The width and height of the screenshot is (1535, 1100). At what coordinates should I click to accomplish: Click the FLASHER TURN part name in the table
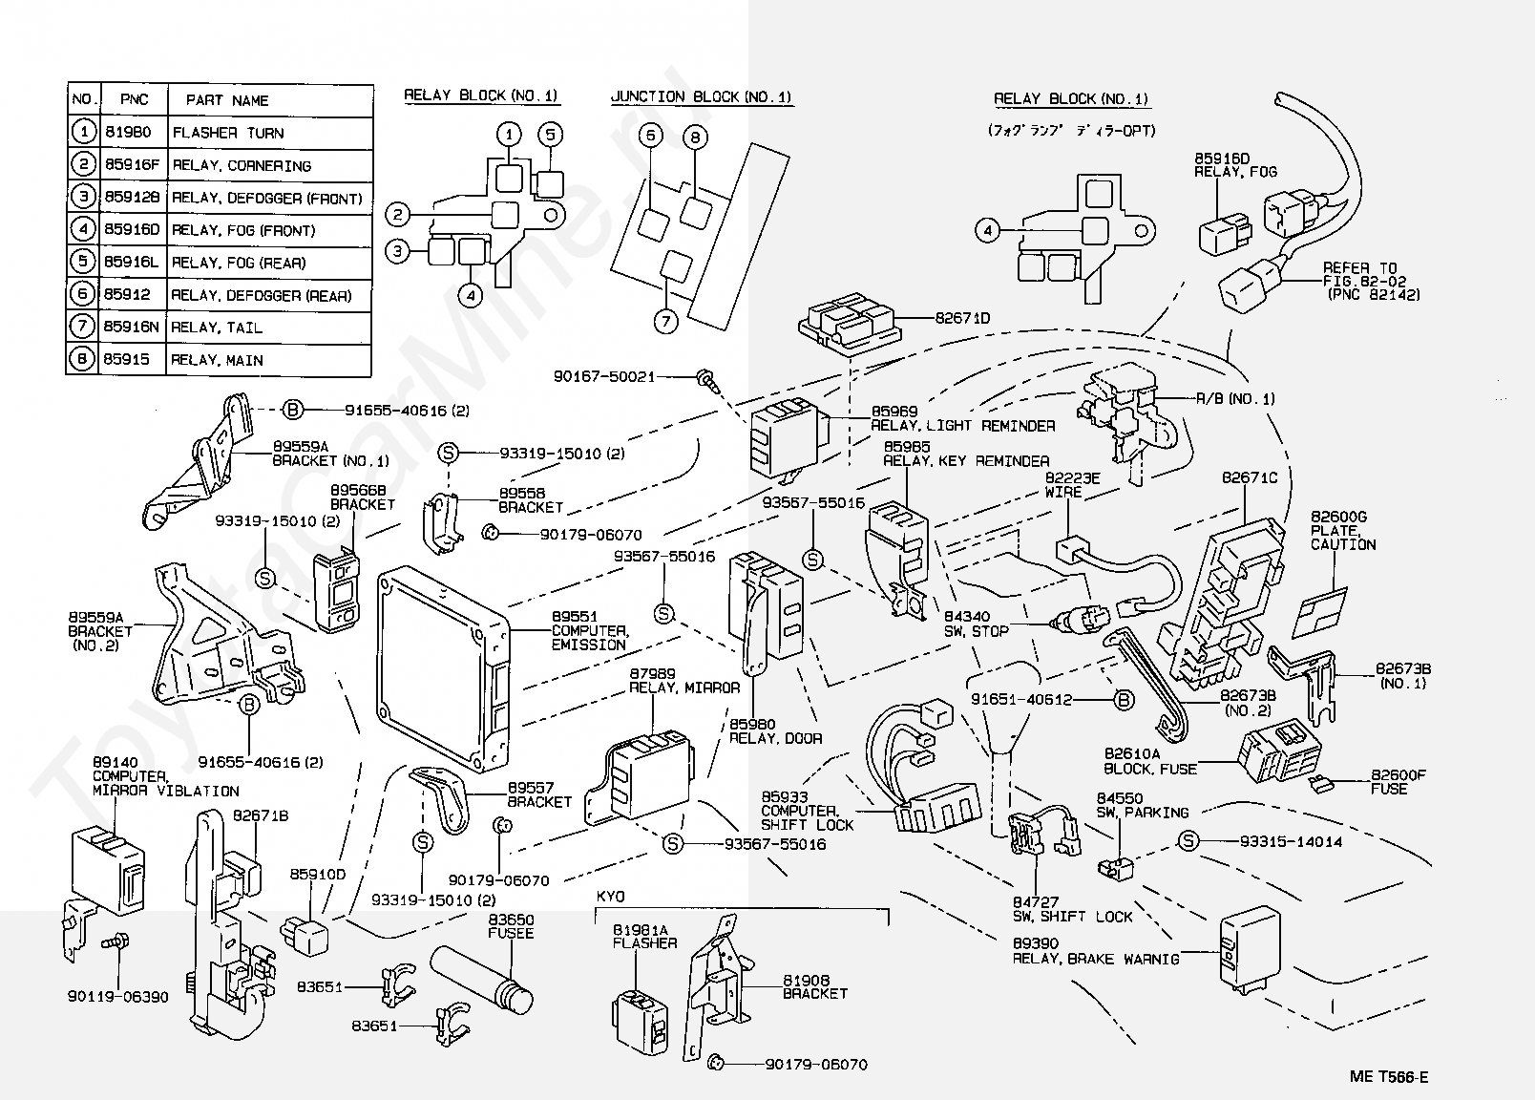click(227, 133)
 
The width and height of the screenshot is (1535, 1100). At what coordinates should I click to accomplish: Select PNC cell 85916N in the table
click(129, 328)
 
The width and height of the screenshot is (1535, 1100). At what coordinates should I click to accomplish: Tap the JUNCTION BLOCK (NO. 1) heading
click(701, 96)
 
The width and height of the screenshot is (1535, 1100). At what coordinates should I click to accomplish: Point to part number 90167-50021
click(604, 376)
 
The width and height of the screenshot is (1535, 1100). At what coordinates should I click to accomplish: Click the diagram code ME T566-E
click(1389, 1078)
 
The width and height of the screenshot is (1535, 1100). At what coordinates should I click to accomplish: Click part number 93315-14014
click(1291, 841)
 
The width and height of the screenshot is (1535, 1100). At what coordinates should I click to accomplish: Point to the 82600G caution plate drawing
click(1319, 611)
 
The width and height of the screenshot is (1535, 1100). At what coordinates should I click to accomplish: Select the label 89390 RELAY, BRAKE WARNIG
click(1095, 951)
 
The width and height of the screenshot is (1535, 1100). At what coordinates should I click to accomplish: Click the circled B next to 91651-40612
click(1125, 700)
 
